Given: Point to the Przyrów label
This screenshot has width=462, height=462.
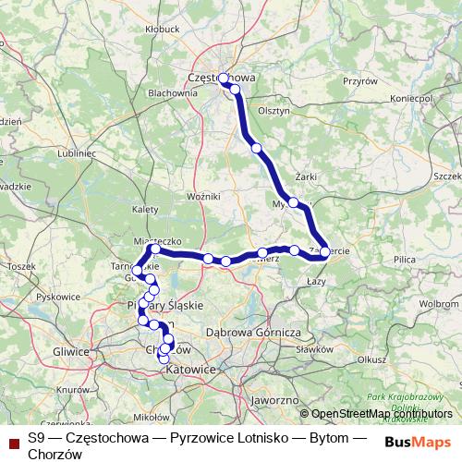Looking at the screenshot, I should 360,81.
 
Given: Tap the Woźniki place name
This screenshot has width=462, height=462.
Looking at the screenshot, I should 202,197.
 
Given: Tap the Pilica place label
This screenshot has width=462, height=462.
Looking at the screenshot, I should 404,261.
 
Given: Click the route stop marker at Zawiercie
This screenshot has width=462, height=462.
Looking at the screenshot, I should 325,251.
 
